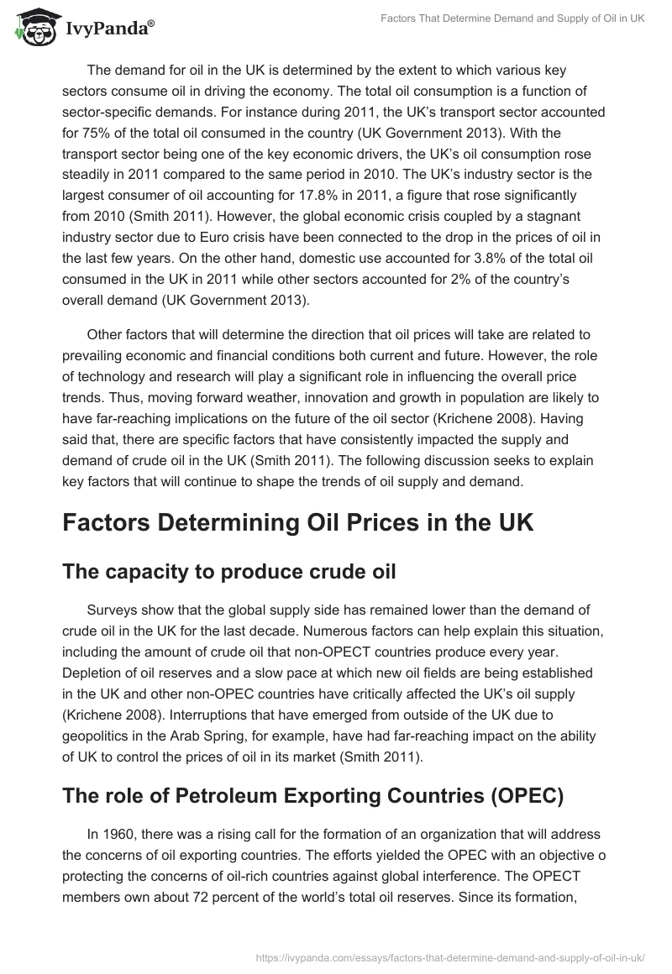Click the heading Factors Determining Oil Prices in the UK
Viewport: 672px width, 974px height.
point(298,523)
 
